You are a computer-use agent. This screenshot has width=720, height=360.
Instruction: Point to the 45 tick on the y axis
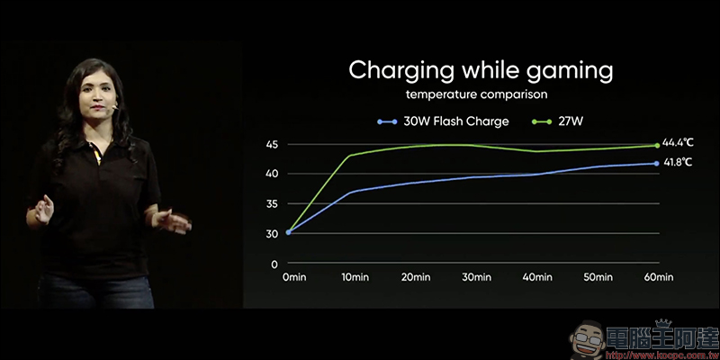click(272, 145)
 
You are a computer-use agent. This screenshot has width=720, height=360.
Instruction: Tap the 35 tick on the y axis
click(272, 204)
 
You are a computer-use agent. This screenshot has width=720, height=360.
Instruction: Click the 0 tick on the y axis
click(274, 264)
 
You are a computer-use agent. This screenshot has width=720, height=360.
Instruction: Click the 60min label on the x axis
click(658, 278)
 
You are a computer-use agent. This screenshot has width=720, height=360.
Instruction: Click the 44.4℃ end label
click(679, 142)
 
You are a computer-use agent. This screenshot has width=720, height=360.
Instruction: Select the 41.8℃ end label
click(679, 162)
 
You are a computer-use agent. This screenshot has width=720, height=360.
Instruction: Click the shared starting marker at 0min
click(289, 232)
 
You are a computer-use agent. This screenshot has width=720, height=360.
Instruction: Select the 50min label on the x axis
click(597, 278)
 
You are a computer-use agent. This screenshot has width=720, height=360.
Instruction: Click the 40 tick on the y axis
click(272, 174)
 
